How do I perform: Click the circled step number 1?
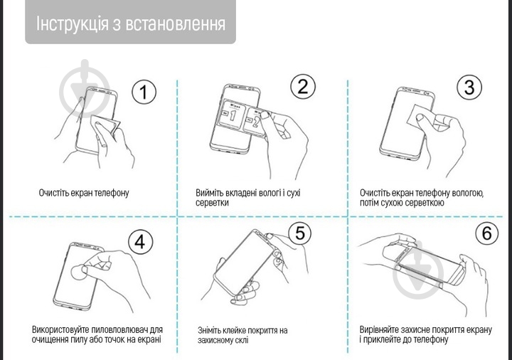tap(145, 92)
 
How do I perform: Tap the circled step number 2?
tap(303, 87)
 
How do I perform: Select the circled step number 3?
tap(469, 87)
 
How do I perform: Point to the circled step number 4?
tap(140, 241)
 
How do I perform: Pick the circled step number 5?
tap(300, 232)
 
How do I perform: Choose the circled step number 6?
tap(486, 233)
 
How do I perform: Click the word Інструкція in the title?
tap(70, 23)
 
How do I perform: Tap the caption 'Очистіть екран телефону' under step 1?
tap(84, 193)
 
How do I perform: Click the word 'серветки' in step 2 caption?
tap(212, 203)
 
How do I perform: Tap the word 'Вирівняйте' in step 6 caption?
tap(382, 330)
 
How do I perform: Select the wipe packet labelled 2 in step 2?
tap(254, 123)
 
